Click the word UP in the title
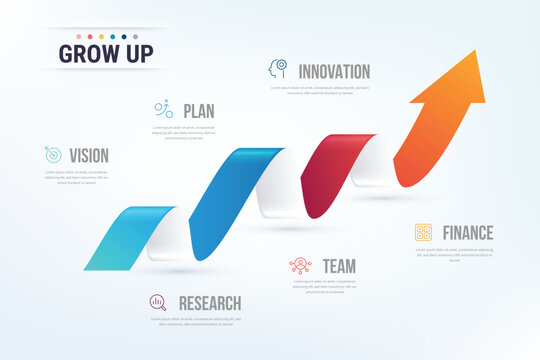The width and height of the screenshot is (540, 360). (138, 54)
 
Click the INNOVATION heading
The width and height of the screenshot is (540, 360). (334, 71)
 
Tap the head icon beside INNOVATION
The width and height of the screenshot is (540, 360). (277, 70)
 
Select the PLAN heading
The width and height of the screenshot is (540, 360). (199, 109)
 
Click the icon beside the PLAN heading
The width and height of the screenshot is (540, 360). (164, 108)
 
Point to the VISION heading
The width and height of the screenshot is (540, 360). (89, 155)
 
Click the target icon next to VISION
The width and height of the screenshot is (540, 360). (53, 155)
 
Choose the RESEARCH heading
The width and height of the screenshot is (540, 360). (209, 302)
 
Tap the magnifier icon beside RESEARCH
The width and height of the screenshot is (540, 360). (158, 301)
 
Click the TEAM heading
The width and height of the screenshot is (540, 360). (339, 265)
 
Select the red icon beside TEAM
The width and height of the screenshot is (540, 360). (300, 265)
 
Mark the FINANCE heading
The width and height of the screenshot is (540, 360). (468, 232)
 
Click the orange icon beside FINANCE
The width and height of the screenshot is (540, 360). (424, 232)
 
